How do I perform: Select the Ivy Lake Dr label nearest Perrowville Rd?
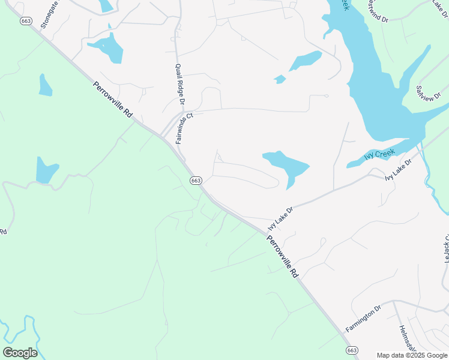click(280, 219)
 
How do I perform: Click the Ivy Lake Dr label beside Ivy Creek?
click(398, 170)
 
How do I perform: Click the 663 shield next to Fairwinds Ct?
click(196, 180)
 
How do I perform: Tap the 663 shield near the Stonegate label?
click(25, 21)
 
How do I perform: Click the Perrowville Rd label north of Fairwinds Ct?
click(112, 104)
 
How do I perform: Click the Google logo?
click(20, 352)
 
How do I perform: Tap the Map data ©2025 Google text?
click(411, 355)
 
